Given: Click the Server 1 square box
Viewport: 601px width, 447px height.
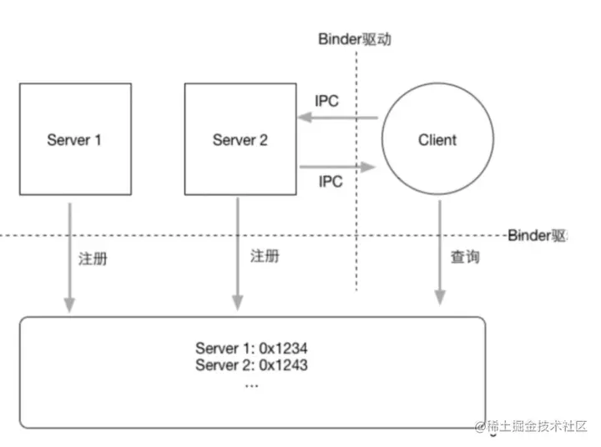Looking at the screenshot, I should pos(75,138).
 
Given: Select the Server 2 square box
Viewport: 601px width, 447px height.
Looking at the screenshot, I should pos(240,138).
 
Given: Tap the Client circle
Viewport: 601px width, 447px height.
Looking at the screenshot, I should pos(437,138).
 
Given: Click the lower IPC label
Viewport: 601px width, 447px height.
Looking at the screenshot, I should pos(331,182).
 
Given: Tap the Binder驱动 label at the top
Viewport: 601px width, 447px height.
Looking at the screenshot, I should pos(355,38).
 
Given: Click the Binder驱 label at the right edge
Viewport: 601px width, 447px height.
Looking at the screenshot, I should pos(538,236).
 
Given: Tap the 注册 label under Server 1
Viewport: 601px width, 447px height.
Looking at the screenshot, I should pos(93,259).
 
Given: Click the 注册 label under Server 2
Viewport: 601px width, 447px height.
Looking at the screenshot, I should pos(265,256).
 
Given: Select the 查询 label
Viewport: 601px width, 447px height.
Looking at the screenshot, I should pos(466,258).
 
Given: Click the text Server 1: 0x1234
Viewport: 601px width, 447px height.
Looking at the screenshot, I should pos(253,347).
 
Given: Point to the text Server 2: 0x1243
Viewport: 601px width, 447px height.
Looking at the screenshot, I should pos(253,365).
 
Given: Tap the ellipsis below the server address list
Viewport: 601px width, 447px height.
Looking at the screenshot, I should pos(252,385).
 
